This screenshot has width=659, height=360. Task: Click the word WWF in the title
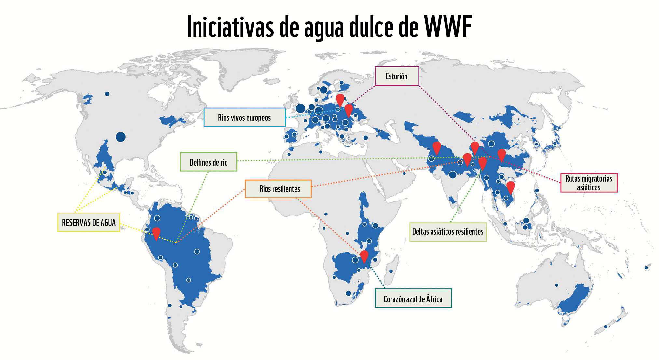point(448,27)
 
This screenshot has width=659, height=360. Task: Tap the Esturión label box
point(396,76)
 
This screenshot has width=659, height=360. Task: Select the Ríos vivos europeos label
point(244,118)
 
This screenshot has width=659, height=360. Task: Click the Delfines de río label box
point(209,162)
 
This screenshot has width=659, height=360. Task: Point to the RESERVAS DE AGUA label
point(89,223)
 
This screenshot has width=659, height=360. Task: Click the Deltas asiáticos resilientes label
point(447,232)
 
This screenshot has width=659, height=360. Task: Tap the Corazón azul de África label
point(413,298)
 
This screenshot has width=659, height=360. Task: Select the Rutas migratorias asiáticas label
point(589,183)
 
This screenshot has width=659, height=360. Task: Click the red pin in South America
point(156,233)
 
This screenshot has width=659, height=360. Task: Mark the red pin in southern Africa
point(364,256)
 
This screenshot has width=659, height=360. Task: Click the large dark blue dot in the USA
point(120,137)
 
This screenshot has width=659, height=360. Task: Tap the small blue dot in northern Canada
point(107,94)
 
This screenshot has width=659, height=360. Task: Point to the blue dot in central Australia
point(556,285)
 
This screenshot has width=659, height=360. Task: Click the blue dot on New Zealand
point(606,327)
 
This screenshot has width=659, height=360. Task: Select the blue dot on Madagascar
point(391,271)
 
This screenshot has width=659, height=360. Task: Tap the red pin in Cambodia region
point(511,187)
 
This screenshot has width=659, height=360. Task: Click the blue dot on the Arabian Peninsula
point(404,173)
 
